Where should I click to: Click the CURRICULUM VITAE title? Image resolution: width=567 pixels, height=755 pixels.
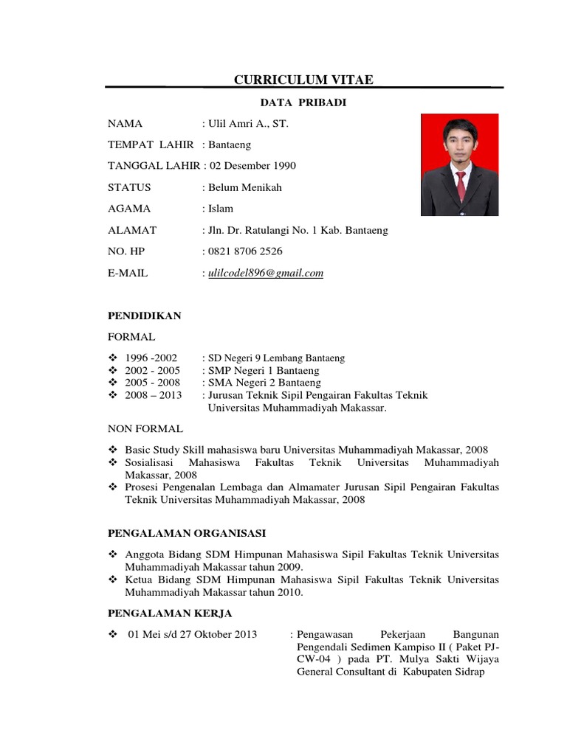(303, 80)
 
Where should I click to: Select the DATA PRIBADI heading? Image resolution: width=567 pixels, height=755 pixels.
(303, 102)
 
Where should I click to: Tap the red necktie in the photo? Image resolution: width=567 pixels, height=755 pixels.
(461, 185)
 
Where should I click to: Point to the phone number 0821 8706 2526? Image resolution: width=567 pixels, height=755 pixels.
(245, 251)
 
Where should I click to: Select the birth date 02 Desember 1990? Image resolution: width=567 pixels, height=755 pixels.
(252, 166)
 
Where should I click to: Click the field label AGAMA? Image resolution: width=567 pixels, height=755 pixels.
(129, 209)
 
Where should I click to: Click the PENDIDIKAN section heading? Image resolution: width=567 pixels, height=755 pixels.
(145, 316)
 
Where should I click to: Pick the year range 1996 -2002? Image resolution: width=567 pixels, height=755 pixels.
(151, 358)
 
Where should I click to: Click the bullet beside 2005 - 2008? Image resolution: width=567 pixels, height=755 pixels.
(112, 383)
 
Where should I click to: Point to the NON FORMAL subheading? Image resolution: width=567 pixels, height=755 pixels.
(145, 428)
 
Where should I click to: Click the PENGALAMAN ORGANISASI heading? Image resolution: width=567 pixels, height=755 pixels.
(188, 532)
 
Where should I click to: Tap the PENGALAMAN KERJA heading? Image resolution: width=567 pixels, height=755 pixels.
(171, 613)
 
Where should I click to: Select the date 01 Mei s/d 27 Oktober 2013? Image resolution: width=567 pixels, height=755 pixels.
(193, 634)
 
